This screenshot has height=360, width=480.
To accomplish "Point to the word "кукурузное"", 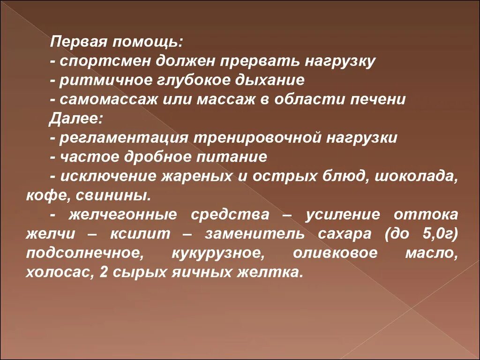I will (217, 253).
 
